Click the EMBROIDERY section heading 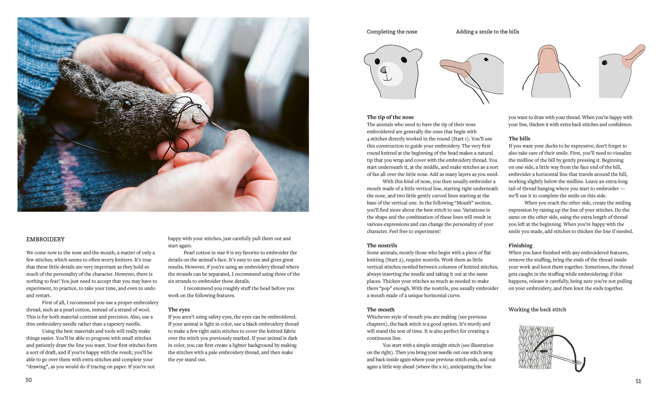click(45, 239)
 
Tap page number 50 click(29, 380)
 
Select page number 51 click(638, 381)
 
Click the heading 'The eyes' click(179, 310)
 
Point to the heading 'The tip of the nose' click(390, 117)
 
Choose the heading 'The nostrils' click(382, 246)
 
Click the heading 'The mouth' click(381, 310)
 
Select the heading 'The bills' click(519, 138)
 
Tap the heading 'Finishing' click(520, 246)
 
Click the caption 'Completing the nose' click(392, 32)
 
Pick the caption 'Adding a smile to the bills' click(487, 32)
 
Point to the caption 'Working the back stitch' click(537, 310)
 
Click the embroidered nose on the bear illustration click(385, 70)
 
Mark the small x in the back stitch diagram click(527, 351)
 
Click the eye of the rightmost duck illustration click(604, 63)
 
